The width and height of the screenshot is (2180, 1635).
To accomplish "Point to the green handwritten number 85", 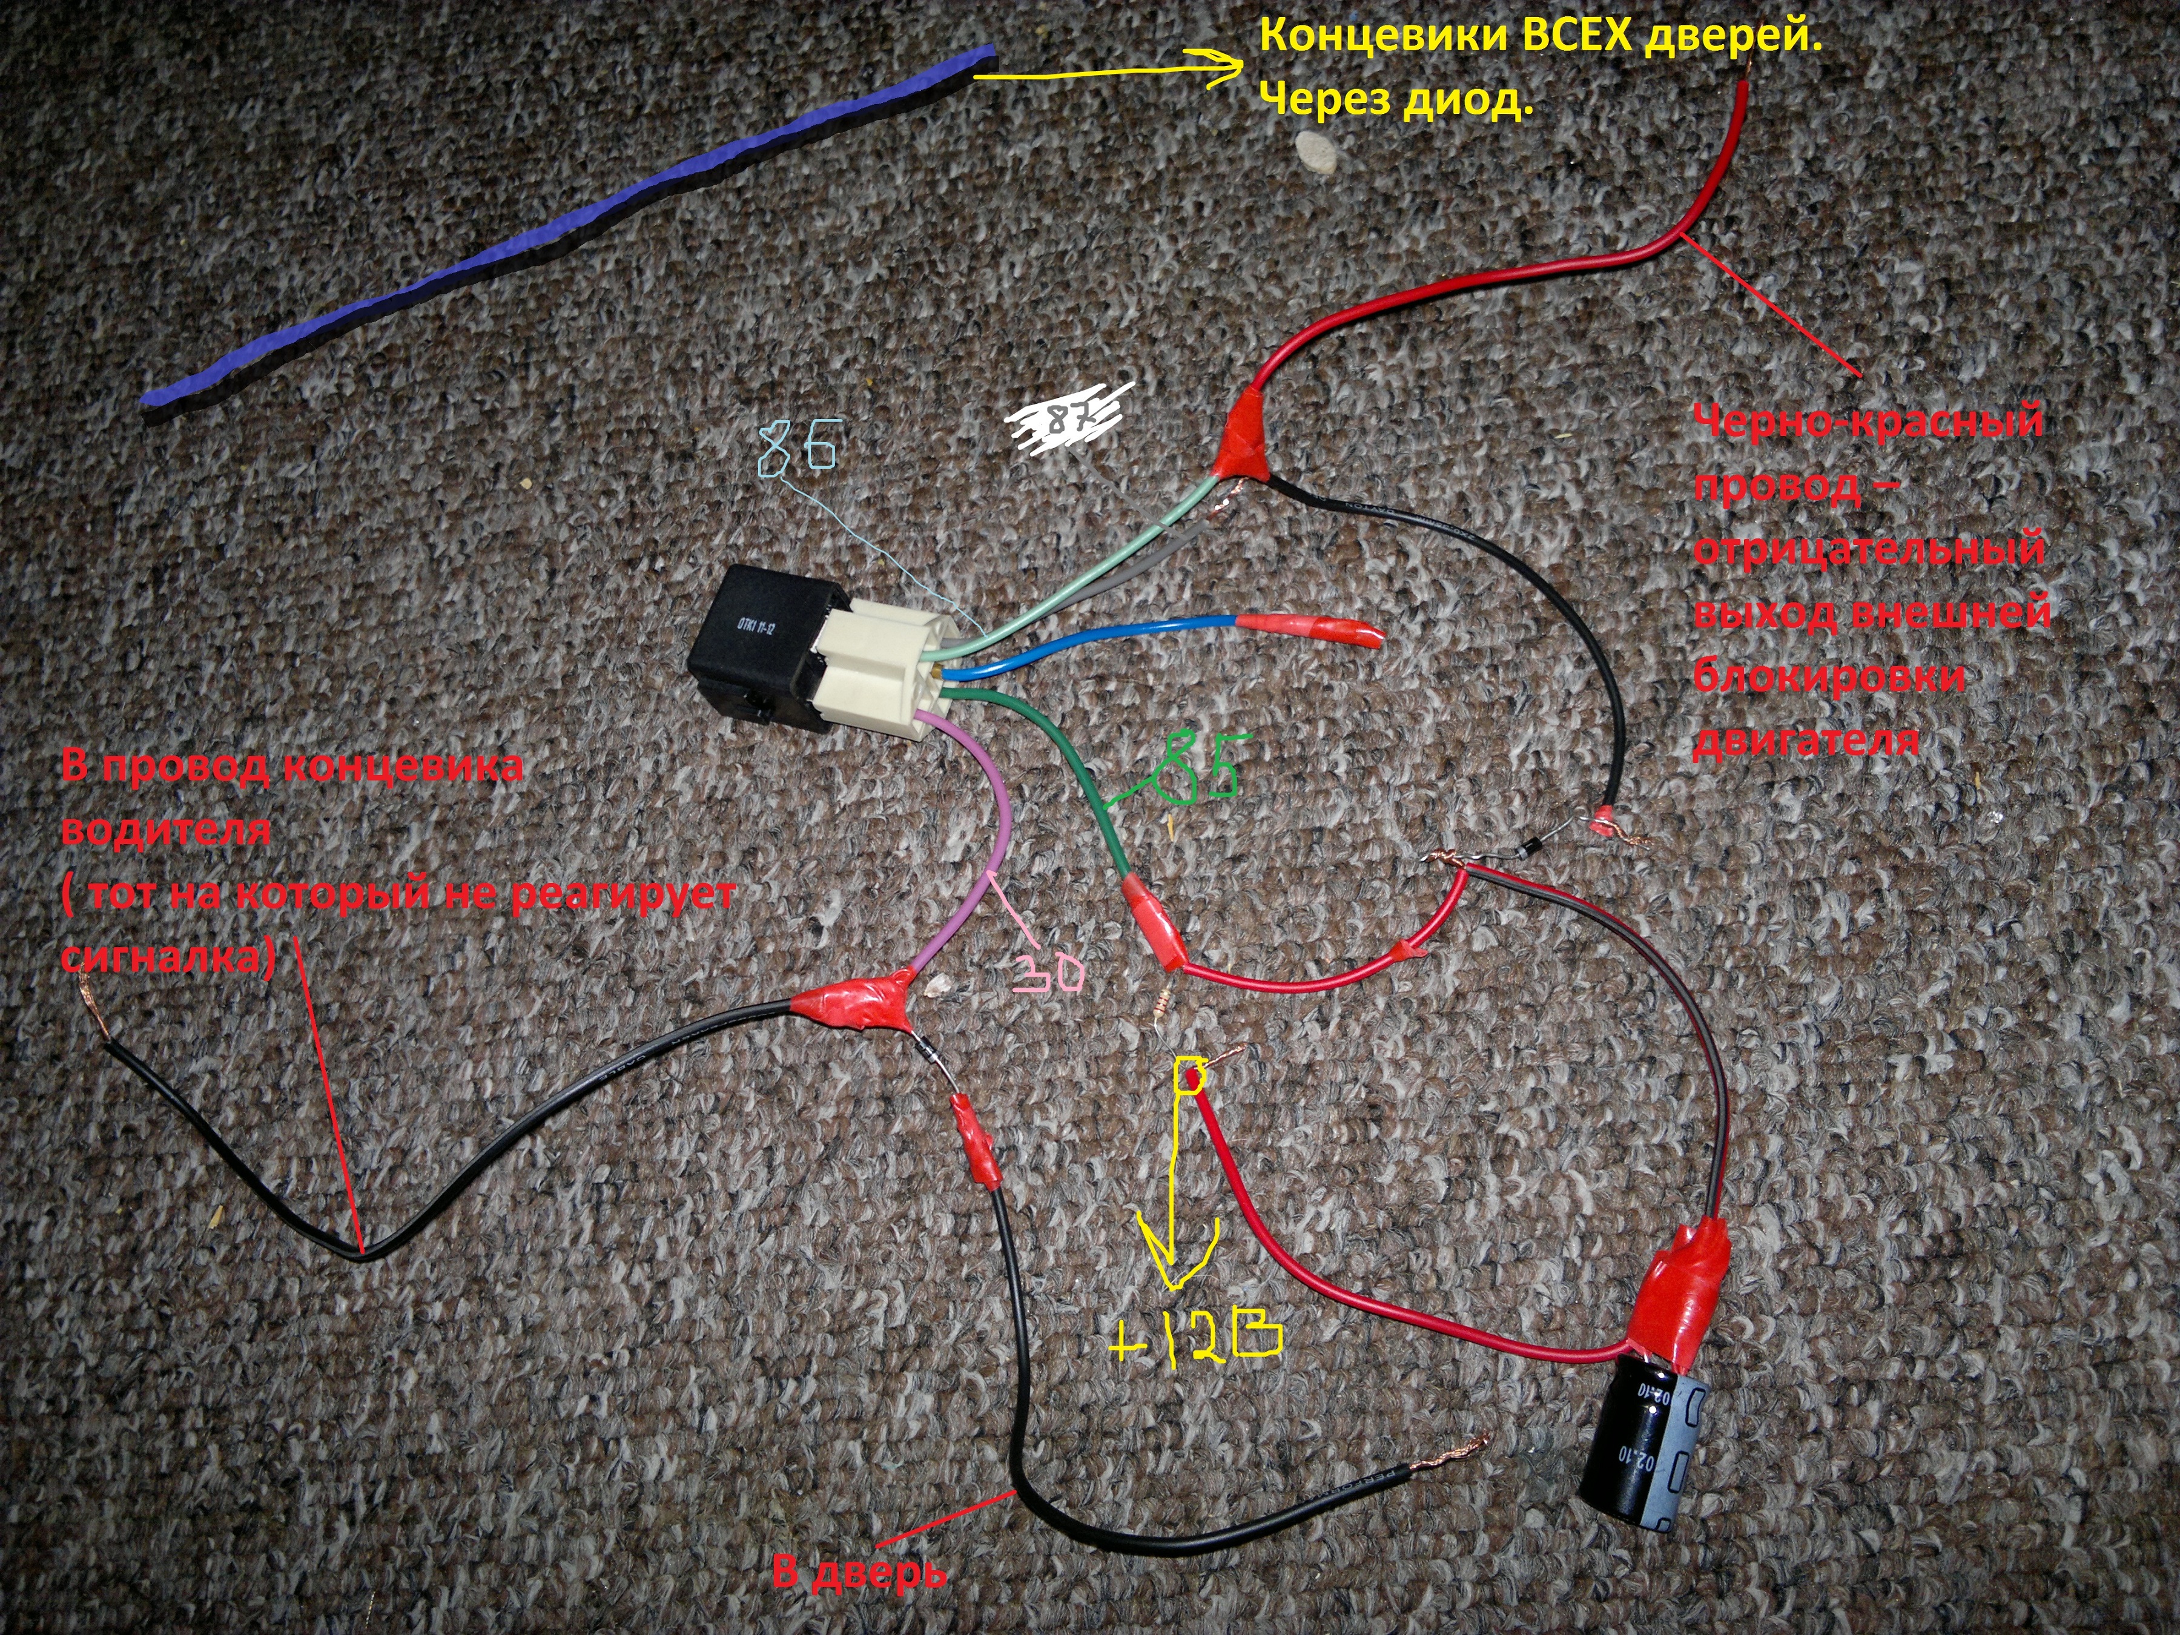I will point(1197,764).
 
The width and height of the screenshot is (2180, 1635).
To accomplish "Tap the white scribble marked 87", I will point(1069,419).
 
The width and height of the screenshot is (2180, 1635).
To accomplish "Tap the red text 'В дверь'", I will point(857,1572).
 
